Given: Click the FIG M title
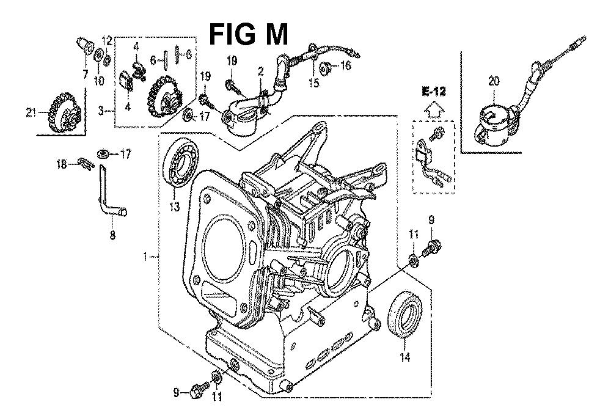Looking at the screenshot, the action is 249,34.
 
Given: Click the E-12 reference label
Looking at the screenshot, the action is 433,92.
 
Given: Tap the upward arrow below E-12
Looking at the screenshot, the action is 434,109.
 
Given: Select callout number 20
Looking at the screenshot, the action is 494,81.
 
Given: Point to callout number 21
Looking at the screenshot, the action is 31,114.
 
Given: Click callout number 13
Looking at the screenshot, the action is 174,206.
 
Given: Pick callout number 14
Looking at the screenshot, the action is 405,357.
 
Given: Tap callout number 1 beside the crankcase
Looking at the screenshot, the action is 145,257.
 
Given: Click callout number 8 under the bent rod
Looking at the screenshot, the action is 112,235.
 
